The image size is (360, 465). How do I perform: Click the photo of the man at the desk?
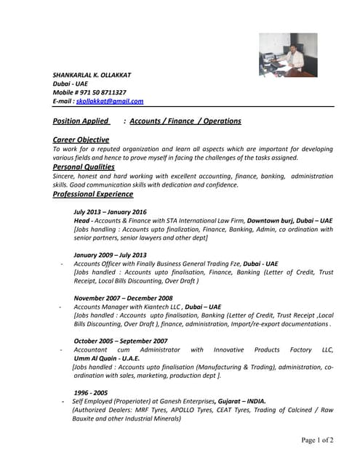pos(288,54)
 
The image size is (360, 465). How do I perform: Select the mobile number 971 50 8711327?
pos(103,93)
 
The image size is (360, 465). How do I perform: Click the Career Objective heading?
pos(81,139)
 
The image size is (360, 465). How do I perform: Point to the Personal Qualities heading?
pos(84,167)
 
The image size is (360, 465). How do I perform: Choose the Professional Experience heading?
pos(93,194)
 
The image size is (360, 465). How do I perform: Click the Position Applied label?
pos(81,121)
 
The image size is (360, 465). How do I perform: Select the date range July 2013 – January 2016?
pos(110,211)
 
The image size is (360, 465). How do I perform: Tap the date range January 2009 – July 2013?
pos(110,255)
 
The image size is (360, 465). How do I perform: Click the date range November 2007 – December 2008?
pos(123,298)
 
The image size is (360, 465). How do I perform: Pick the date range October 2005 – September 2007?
pos(121,341)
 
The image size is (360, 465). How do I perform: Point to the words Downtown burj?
pos(270,220)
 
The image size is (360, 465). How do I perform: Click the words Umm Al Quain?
pos(97,358)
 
